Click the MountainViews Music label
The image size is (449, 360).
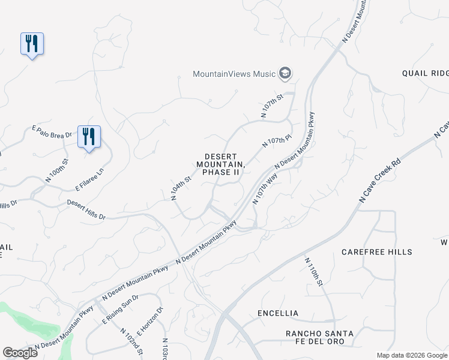[x=234, y=74]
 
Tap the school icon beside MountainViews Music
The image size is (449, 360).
[x=285, y=74]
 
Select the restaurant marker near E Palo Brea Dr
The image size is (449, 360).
[x=89, y=137]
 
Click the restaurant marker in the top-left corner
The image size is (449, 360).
[x=32, y=44]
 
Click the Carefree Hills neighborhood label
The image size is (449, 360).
[x=376, y=252]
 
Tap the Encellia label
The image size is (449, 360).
[x=277, y=313]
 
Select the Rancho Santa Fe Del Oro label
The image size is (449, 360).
[x=319, y=337]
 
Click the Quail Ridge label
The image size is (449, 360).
[x=425, y=73]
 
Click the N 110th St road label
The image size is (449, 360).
[x=314, y=272]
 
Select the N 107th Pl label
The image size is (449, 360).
[x=277, y=142]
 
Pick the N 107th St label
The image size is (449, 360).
[x=271, y=105]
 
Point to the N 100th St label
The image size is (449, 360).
[x=57, y=170]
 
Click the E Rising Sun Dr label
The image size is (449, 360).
[x=120, y=309]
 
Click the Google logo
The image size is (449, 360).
[x=20, y=352]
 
